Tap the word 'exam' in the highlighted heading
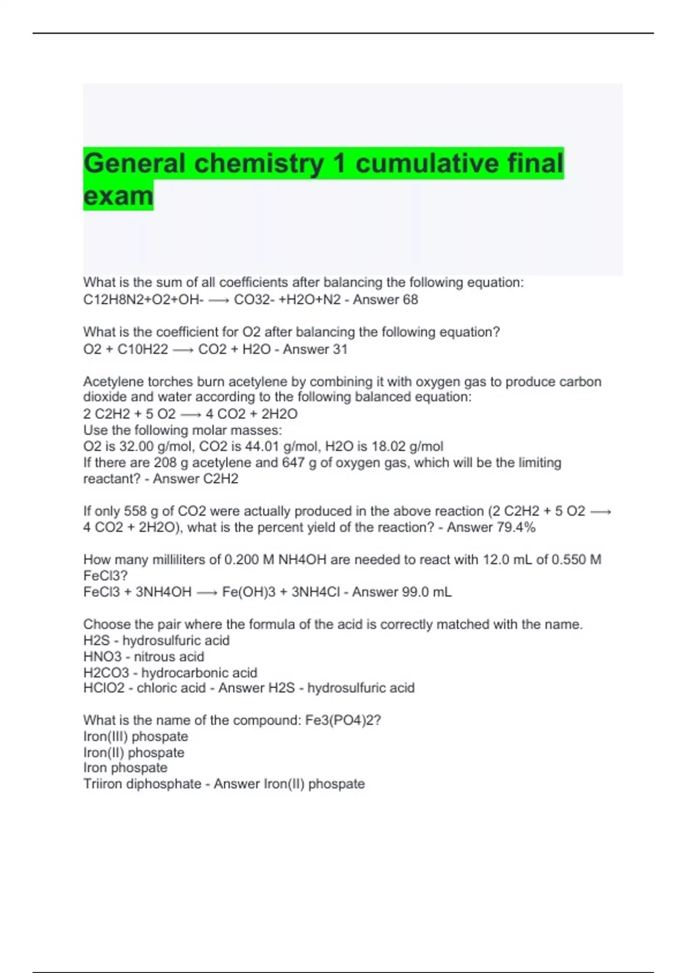[x=119, y=196]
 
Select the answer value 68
[x=410, y=299]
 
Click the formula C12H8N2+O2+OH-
[x=143, y=299]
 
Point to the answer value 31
[x=340, y=349]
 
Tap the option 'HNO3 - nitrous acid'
[x=144, y=656]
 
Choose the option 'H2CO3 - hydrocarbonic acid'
[x=170, y=673]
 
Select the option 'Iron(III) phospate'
[x=136, y=736]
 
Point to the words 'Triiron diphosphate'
[x=142, y=784]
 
